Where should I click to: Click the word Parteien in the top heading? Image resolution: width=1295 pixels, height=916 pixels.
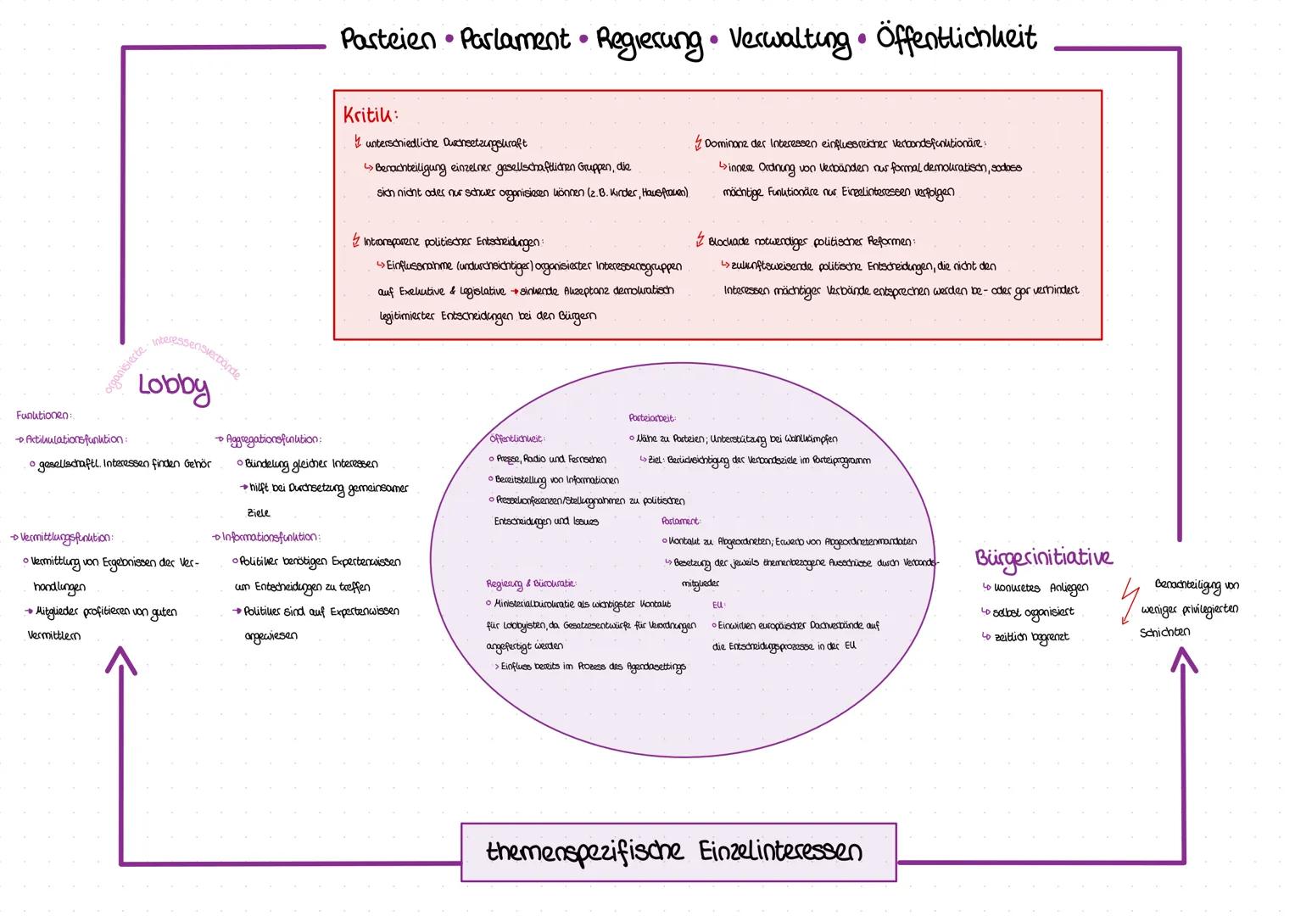point(388,39)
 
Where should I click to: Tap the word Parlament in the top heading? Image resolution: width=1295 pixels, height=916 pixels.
point(515,39)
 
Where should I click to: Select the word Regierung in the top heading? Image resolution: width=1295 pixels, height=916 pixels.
point(649,41)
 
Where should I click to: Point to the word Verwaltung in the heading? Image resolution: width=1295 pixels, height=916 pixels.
point(789,40)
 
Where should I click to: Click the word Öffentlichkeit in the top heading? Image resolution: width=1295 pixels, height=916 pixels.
point(956,37)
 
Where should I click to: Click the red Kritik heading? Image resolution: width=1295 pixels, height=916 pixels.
point(371,114)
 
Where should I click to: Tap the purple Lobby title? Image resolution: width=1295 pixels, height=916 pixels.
point(174,386)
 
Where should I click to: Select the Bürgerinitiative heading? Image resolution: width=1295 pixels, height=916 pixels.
point(1043,558)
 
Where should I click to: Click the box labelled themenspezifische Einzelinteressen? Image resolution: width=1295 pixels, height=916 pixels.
point(678,852)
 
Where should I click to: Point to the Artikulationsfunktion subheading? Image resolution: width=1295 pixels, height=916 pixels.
point(75,439)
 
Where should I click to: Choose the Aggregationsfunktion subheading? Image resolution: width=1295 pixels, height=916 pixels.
point(271,439)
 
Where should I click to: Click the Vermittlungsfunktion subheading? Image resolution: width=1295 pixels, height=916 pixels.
point(65,537)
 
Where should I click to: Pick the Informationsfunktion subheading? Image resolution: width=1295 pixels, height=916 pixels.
point(269,537)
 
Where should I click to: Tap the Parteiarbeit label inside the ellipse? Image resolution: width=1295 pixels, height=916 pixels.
point(651,417)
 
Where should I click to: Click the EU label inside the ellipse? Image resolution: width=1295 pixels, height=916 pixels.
point(717,605)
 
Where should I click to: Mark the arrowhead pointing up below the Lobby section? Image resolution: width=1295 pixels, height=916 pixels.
point(121,660)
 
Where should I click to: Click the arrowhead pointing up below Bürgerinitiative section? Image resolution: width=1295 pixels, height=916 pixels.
point(1184,660)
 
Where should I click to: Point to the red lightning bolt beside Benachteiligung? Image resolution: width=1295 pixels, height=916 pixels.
point(1129,600)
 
